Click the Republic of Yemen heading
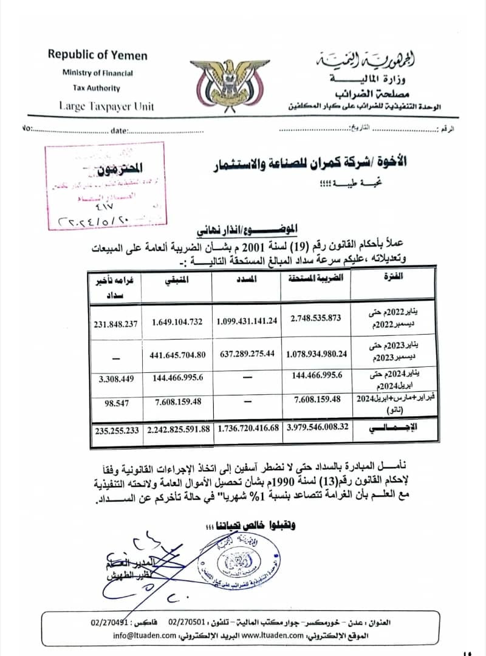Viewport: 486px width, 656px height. click(97, 55)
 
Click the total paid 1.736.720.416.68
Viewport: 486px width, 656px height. click(247, 428)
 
